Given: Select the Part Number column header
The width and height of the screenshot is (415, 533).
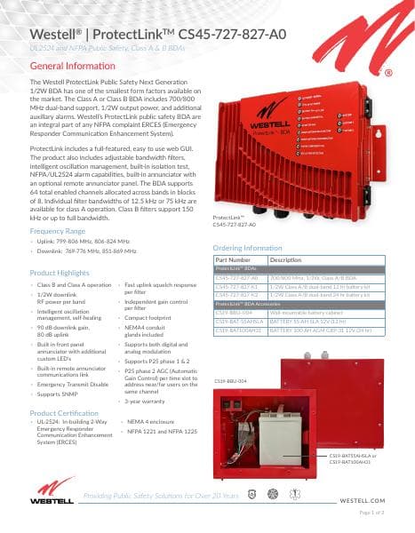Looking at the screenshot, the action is [234, 259].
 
